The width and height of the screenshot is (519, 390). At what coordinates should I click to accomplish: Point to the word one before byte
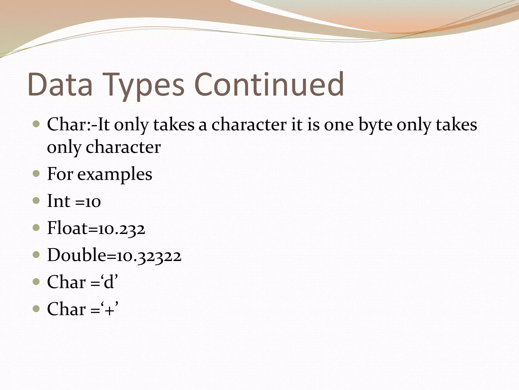coord(339,125)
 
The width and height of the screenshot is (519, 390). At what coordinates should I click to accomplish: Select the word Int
coord(59,201)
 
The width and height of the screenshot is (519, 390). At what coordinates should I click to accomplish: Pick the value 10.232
coord(122,229)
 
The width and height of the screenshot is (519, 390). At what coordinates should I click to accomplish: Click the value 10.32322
coord(149,256)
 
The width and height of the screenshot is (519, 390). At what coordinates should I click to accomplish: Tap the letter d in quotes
coord(109,282)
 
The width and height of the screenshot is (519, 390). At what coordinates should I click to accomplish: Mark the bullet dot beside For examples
coord(36,174)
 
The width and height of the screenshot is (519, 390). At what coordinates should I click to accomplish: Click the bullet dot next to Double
coord(36,255)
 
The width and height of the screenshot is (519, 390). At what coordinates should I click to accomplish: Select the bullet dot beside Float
coord(36,228)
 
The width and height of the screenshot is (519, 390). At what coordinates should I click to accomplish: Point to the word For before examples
coord(60,174)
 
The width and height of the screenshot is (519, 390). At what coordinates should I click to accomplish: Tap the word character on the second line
coord(123,147)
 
